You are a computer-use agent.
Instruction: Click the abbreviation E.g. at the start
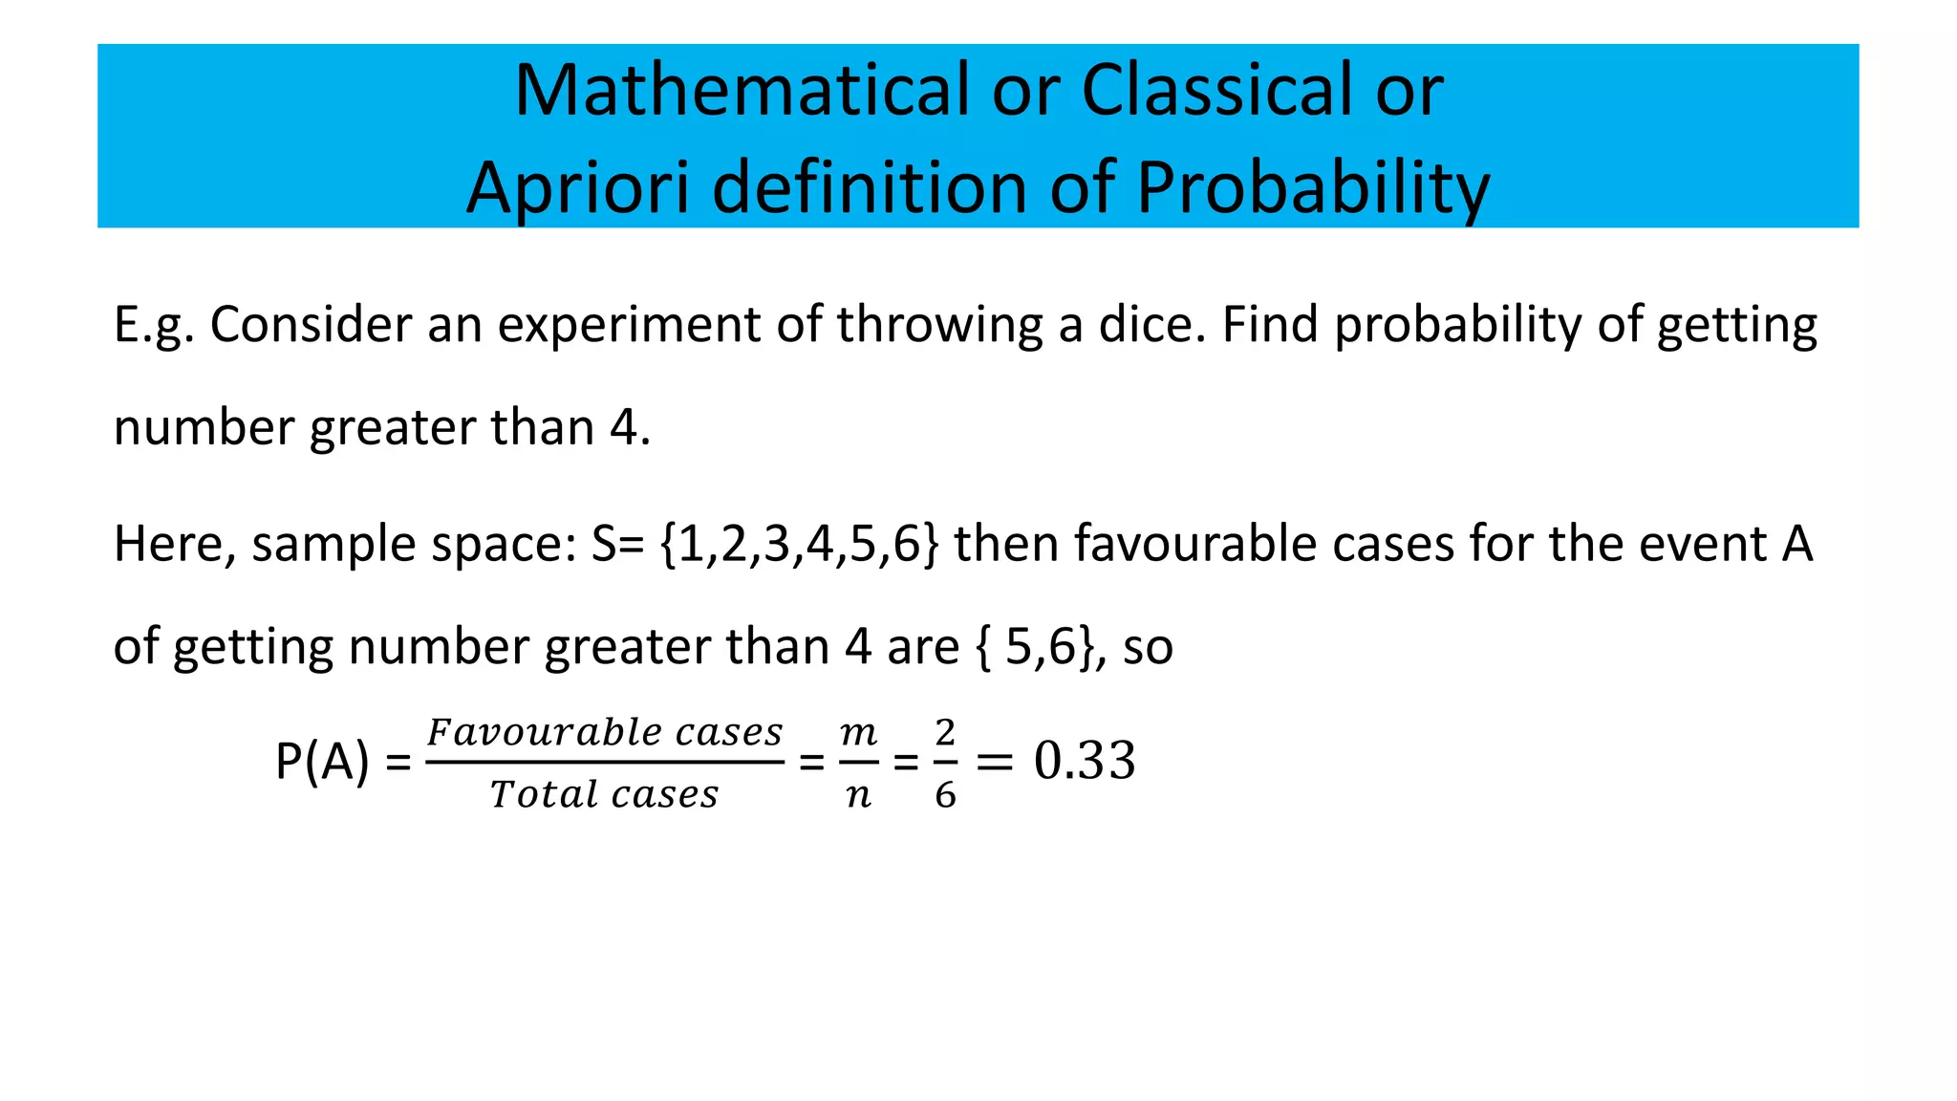154,326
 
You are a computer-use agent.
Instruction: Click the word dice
1153,326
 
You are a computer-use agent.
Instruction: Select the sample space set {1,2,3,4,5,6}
799,545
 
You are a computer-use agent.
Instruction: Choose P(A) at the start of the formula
322,762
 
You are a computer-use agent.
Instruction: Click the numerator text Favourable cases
605,733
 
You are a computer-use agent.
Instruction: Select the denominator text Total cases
604,794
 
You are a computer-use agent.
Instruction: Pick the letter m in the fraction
858,733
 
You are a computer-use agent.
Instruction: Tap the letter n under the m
858,795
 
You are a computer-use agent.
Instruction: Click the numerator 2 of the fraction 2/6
945,733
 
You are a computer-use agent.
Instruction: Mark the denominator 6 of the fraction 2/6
945,794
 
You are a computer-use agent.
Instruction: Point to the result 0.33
1085,762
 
